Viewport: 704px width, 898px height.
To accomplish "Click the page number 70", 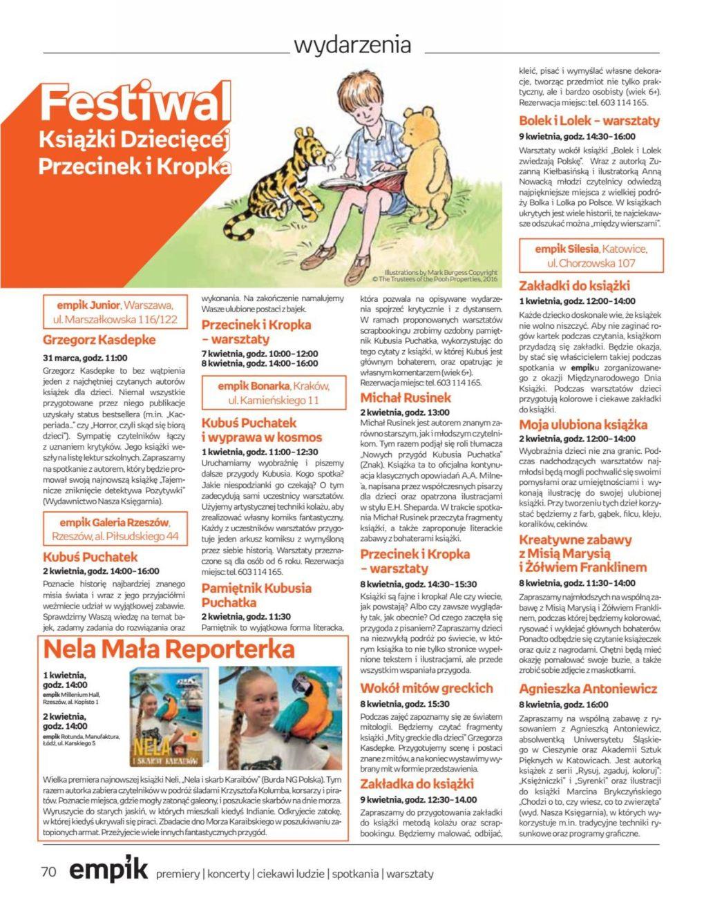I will [48, 872].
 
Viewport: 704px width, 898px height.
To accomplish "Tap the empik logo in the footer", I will [108, 870].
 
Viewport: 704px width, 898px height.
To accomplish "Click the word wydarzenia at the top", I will [352, 46].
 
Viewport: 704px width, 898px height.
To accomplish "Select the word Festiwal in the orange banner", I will [135, 104].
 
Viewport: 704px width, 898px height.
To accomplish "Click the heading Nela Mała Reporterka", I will [169, 649].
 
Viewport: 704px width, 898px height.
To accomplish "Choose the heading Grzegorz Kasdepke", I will [99, 340].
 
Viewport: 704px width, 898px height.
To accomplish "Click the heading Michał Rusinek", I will [406, 397].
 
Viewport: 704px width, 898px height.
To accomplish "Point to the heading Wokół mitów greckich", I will [426, 688].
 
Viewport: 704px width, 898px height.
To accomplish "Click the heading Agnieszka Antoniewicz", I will [588, 689].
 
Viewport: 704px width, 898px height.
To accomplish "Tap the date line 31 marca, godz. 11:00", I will [85, 358].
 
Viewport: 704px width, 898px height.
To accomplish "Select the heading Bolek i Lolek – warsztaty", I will [589, 121].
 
